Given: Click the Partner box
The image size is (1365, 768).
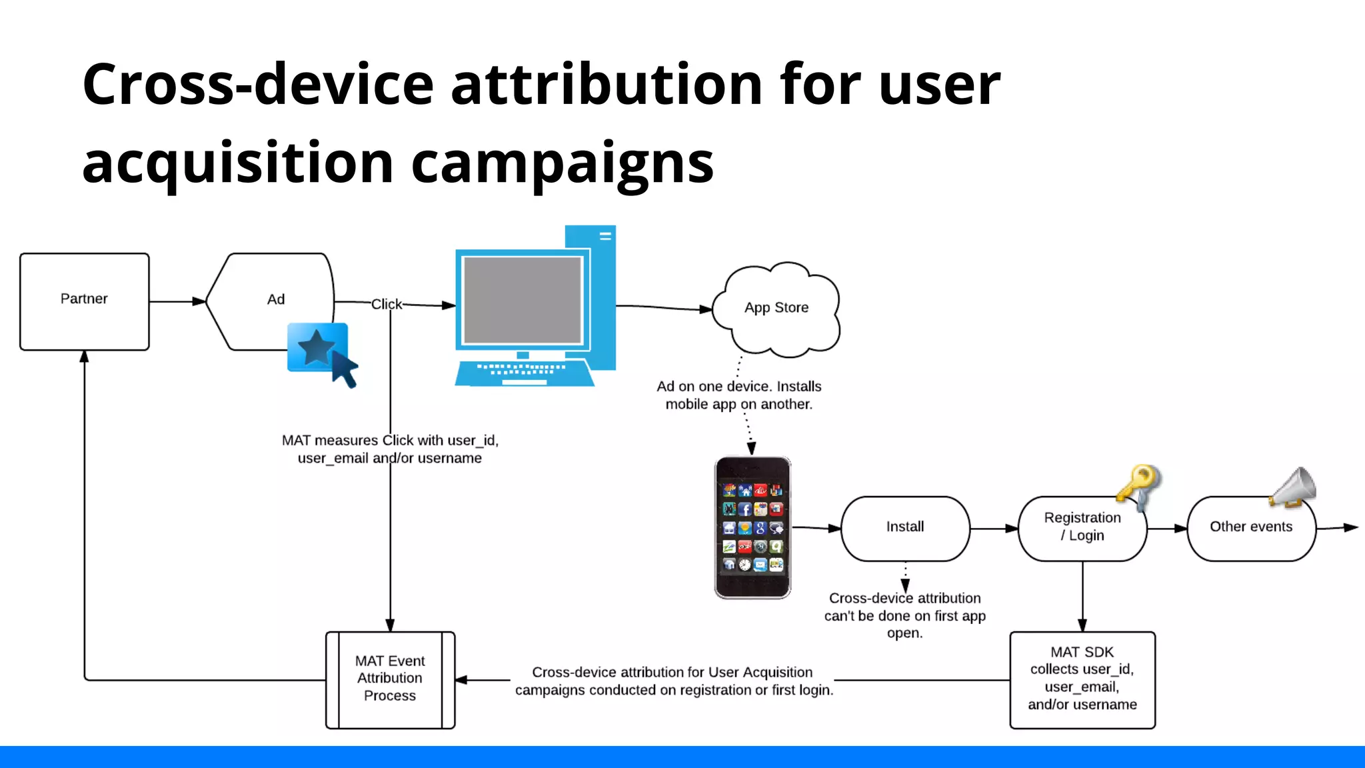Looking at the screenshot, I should (84, 301).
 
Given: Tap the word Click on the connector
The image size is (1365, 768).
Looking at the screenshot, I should (387, 304).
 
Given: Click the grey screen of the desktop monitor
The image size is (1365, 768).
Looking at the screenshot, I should (523, 300).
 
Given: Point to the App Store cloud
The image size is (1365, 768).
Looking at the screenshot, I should (776, 308).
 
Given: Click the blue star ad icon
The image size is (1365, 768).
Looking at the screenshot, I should (317, 347).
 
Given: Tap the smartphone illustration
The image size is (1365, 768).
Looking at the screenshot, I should (752, 527).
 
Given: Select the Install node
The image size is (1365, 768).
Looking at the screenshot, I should (904, 527).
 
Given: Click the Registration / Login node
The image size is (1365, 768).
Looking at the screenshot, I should (1082, 527).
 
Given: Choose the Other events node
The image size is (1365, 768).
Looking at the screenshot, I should (1250, 527).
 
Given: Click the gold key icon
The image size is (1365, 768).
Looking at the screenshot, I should (1140, 485).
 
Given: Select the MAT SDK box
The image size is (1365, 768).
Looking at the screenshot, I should (1082, 679).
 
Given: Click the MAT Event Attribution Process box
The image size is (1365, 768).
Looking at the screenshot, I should (390, 679).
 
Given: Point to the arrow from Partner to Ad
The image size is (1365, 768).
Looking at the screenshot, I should (177, 301).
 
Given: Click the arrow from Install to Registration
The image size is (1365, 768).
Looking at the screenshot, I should (994, 529).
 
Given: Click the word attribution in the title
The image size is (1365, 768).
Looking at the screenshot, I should (607, 85).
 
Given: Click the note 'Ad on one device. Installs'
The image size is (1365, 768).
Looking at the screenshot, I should (738, 387).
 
